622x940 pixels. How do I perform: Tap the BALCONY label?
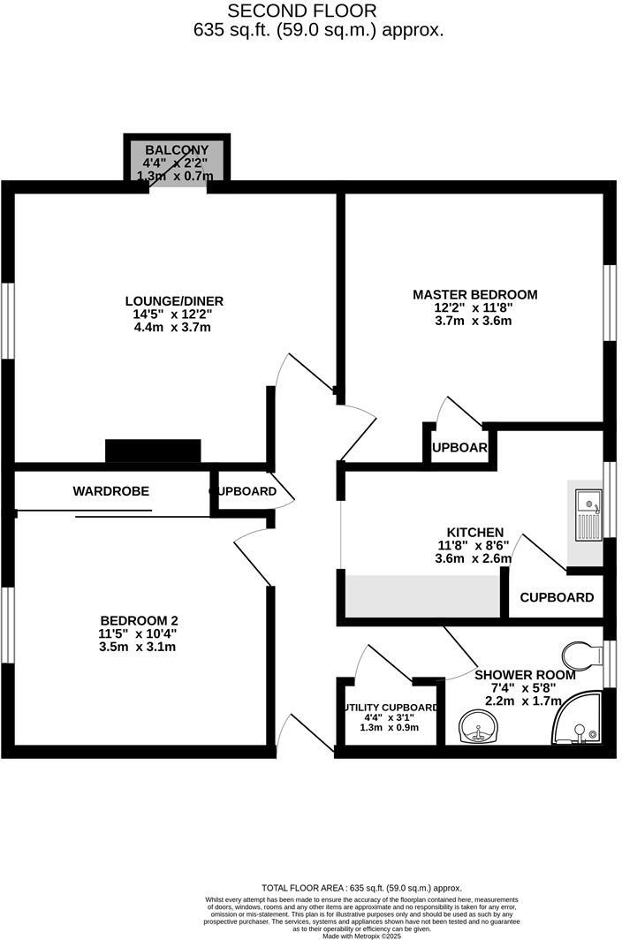[x=177, y=150]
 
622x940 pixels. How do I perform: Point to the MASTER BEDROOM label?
[x=474, y=294]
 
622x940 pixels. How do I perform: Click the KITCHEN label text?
[x=474, y=533]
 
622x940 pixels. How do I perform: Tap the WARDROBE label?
[x=110, y=491]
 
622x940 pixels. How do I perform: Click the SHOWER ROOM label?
[x=525, y=675]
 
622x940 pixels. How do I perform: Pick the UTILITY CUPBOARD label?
[x=391, y=708]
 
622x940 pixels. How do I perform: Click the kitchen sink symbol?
[x=587, y=516]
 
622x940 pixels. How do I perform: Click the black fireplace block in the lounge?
[x=153, y=451]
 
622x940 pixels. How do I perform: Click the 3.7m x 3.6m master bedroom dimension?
[x=474, y=321]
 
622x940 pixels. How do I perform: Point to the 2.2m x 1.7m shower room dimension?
[x=525, y=701]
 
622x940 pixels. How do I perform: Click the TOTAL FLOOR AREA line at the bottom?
[x=361, y=888]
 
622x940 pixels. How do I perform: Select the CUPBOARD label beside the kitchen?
[x=557, y=597]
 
